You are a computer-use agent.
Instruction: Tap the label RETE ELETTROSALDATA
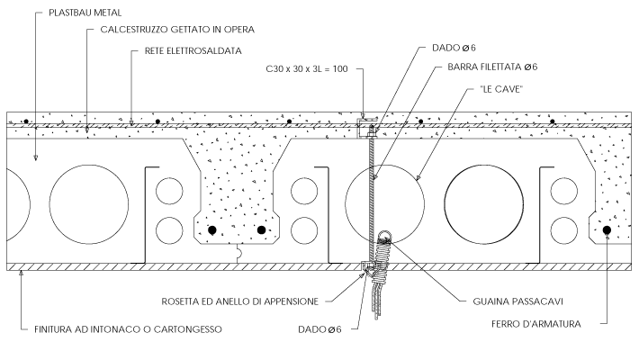[x=193, y=51]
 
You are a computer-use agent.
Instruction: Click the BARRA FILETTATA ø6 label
[x=491, y=67]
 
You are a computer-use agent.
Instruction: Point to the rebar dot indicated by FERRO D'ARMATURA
[x=607, y=230]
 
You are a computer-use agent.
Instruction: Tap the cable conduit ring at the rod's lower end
[x=384, y=238]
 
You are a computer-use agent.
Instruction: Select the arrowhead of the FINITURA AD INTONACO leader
[x=21, y=274]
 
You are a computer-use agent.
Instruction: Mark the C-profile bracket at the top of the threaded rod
[x=365, y=122]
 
